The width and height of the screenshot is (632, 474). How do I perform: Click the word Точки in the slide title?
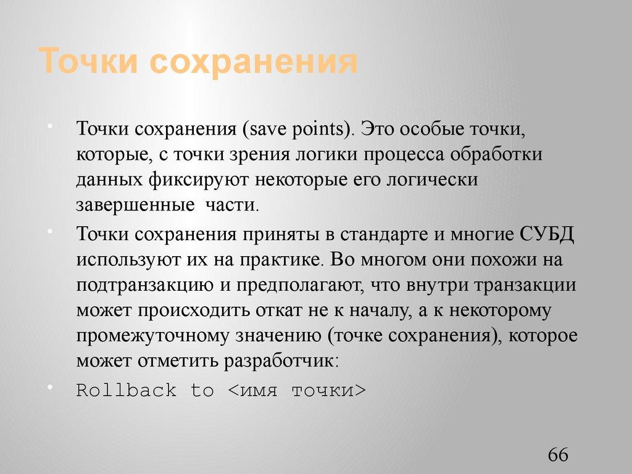(x=88, y=62)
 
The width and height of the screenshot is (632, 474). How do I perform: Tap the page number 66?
(x=557, y=455)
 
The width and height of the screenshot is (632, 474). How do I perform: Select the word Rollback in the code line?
(x=127, y=391)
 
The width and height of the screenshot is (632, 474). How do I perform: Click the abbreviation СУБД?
(x=547, y=235)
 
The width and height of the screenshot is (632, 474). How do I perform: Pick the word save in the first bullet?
(x=262, y=130)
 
